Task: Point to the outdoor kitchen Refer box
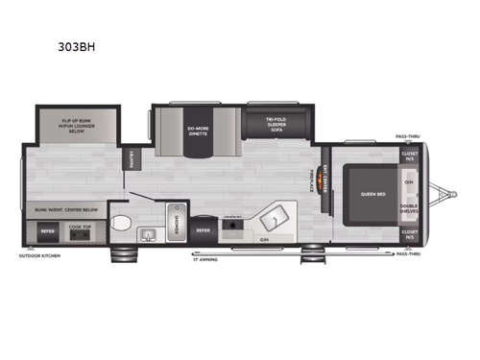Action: tap(45, 230)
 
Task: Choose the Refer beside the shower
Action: tap(204, 230)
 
